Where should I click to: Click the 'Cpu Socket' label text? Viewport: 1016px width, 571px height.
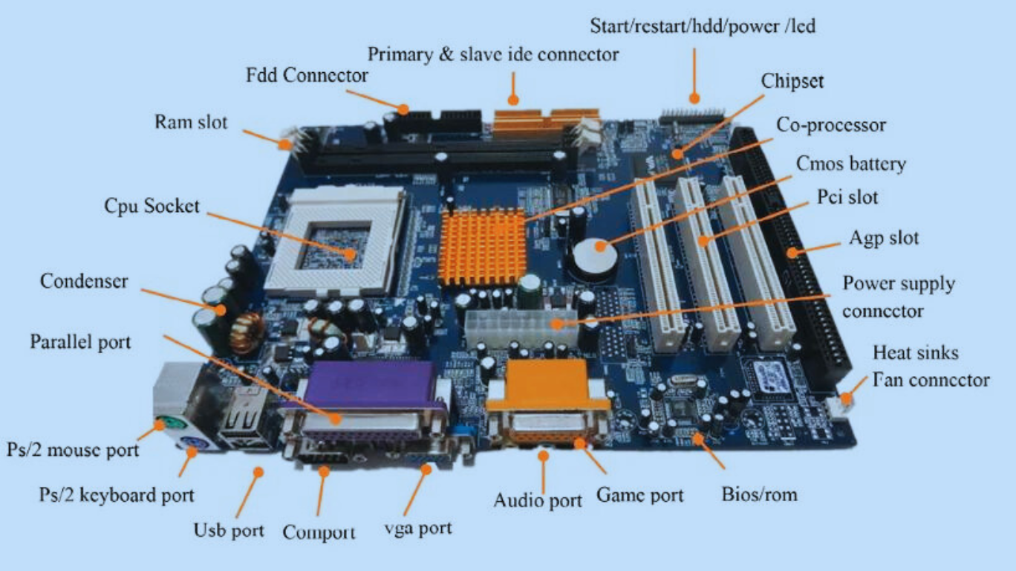point(152,206)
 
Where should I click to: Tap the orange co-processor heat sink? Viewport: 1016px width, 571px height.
point(483,245)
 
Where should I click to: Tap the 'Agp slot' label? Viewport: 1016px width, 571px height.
point(884,238)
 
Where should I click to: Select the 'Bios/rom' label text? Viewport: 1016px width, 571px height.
point(759,494)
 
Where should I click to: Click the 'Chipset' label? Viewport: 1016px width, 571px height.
point(792,80)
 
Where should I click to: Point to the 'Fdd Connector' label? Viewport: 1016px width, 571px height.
point(307,75)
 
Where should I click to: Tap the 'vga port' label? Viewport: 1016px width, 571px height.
point(417,529)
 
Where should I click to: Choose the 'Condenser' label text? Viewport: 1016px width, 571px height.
point(84,281)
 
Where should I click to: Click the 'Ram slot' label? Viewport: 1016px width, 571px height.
point(191,121)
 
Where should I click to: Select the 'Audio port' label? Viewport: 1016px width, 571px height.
point(538,500)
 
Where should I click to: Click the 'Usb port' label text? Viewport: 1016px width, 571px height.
point(229,530)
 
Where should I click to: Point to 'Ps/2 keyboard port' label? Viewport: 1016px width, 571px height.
point(117,495)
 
